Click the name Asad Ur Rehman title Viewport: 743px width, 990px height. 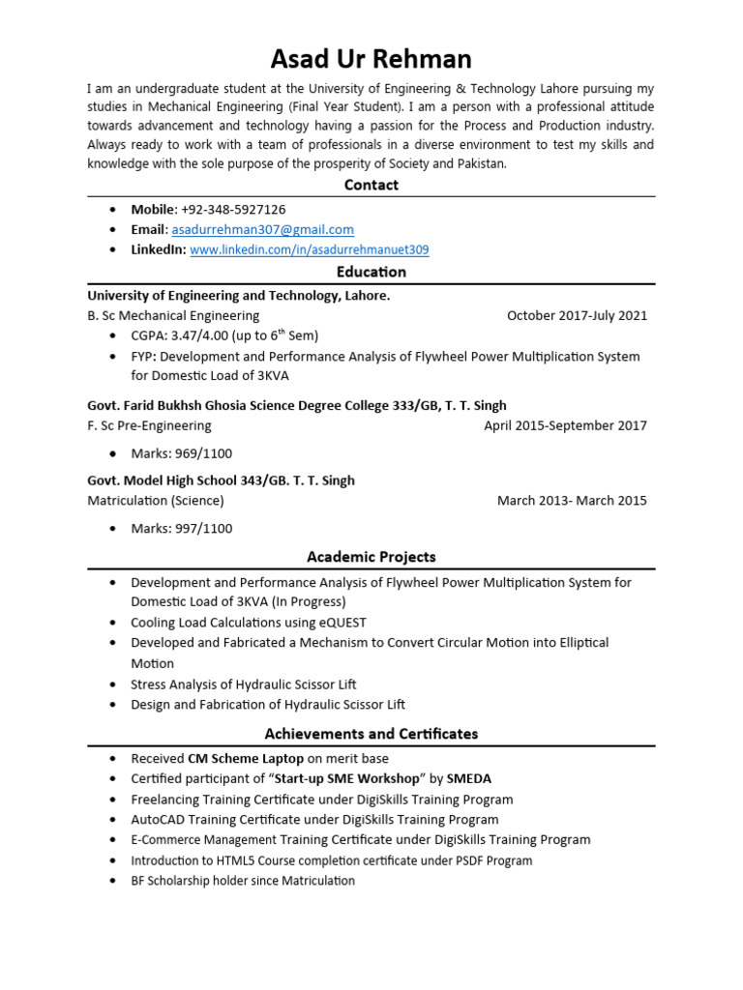[x=371, y=59]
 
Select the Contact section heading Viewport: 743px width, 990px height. [x=371, y=185]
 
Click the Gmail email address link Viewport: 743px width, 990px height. [x=262, y=229]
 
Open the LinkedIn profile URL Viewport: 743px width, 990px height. [x=310, y=249]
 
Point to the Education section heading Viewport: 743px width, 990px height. [x=371, y=272]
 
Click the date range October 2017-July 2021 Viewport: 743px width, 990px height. [x=577, y=315]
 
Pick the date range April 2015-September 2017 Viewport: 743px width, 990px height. [x=565, y=425]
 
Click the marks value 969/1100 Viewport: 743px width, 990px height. [x=202, y=453]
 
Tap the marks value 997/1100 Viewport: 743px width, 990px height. [x=202, y=529]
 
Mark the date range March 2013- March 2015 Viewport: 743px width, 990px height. [x=572, y=501]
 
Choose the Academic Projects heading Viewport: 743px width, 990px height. [x=371, y=557]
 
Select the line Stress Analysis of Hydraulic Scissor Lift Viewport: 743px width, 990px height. [x=244, y=684]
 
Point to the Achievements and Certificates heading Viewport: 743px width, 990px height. [x=371, y=734]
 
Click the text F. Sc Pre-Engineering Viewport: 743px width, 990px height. [x=149, y=425]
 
